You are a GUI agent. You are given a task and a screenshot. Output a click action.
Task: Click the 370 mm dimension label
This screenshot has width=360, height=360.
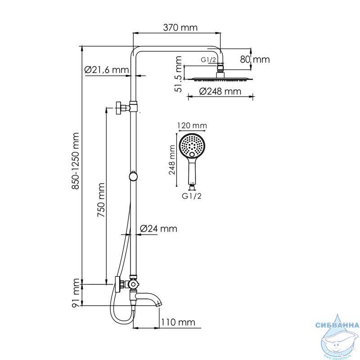pos(180,27)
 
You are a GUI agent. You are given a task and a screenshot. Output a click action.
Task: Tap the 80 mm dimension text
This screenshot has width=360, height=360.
pos(255,59)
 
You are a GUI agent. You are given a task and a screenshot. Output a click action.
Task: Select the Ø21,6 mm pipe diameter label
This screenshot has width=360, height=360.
pos(107,70)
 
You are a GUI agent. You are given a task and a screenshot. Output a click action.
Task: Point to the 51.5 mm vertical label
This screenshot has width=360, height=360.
pos(178,74)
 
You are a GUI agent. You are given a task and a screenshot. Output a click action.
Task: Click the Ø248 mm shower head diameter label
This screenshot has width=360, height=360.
pos(220,91)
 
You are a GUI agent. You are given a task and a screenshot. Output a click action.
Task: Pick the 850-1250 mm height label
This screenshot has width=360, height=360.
pos(75,161)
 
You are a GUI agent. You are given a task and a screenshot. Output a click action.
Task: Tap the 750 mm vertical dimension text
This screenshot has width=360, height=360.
pos(101,200)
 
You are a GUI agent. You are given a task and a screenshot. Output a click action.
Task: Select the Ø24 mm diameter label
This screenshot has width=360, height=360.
pos(158,229)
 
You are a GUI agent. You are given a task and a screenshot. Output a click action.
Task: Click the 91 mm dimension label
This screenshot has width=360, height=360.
pos(75,293)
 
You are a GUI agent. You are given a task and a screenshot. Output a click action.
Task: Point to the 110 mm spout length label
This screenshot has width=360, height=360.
pos(178,322)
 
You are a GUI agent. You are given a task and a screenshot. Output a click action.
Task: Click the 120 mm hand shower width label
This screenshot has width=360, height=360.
pos(192,126)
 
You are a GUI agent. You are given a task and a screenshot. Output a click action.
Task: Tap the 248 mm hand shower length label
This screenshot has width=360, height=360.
pos(172,160)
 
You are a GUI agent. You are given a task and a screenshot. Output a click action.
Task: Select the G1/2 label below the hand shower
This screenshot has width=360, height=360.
pos(192,196)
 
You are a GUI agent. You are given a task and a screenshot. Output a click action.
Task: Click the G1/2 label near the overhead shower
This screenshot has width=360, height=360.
pos(208,60)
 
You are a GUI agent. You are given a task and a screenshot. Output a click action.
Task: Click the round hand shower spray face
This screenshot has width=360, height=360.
pos(192,145)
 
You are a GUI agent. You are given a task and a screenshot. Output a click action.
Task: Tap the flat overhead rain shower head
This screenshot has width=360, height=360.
pos(220,79)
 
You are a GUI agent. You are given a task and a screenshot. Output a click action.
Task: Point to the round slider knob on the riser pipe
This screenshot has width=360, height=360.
pos(133,176)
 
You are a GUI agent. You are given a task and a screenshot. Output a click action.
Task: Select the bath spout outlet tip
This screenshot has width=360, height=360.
pos(159,305)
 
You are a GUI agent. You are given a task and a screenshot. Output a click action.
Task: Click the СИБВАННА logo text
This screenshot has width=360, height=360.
pos(337,325)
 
